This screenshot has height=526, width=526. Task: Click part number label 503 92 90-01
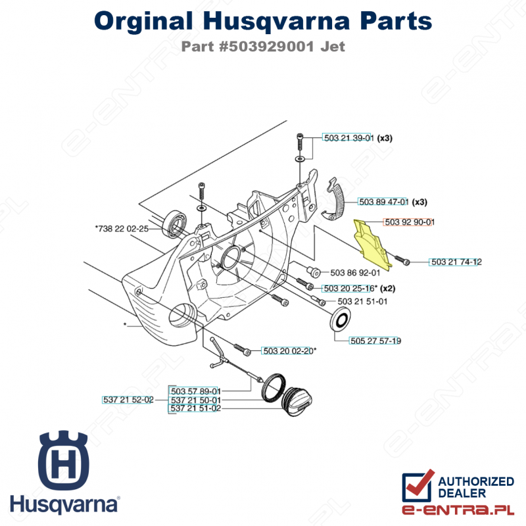coord(408,222)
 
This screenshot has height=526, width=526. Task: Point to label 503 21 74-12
coord(456,262)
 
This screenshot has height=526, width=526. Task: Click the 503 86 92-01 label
coord(355,272)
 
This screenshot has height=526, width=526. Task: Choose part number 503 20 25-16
coord(348,288)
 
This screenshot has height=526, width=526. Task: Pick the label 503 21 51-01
coord(362,301)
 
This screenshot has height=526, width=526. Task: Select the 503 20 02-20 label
coord(287,351)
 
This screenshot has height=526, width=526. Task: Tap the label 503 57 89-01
coord(195,391)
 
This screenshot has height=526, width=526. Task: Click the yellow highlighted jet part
coord(373,243)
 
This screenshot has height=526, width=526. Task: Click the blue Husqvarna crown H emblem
coord(64,458)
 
